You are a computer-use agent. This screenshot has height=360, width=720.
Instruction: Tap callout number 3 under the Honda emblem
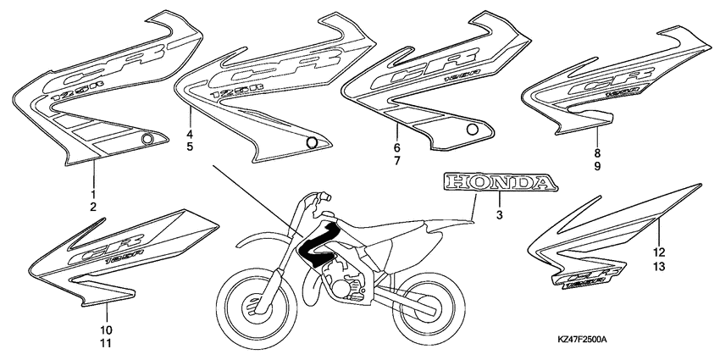point(500,217)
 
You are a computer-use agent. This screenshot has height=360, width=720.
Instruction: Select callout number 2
point(93,208)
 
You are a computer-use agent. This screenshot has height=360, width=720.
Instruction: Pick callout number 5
point(190,147)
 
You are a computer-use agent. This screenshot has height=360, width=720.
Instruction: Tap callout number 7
point(396,161)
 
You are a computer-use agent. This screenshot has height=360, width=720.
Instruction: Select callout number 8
point(597,153)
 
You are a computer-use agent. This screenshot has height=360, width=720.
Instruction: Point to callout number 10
point(106,330)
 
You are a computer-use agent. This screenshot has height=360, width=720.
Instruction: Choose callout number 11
point(106,343)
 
